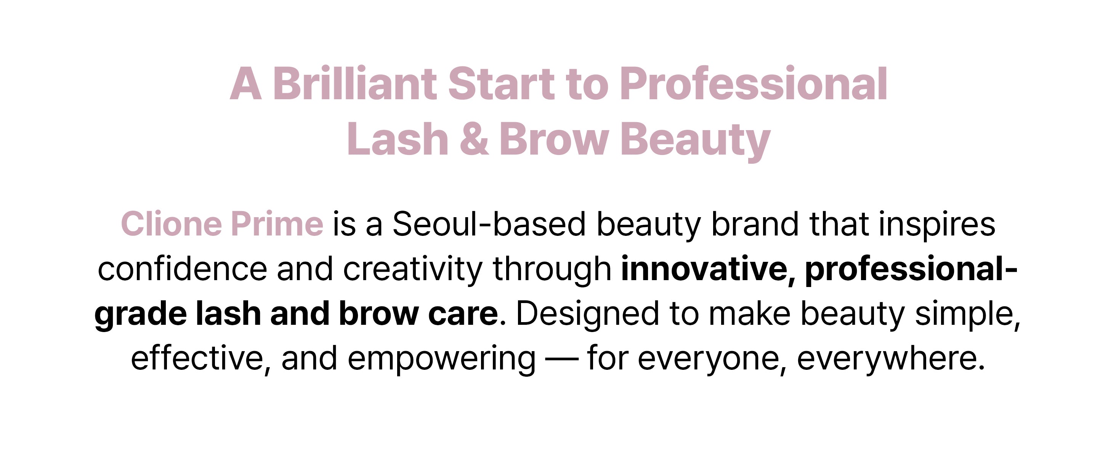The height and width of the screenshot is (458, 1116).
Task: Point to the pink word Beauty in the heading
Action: tap(695, 141)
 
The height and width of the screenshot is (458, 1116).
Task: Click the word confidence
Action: tap(183, 269)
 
